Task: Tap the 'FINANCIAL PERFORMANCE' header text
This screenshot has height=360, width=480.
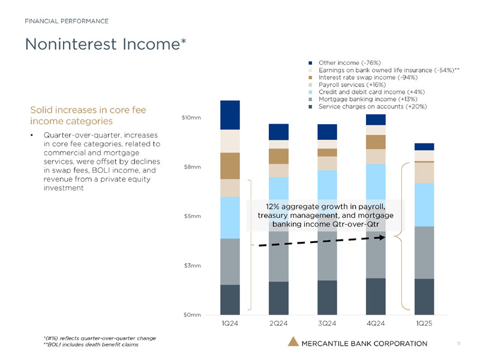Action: [67, 21]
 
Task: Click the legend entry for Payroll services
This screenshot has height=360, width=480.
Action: [357, 85]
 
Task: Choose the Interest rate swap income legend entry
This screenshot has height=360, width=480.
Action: [368, 77]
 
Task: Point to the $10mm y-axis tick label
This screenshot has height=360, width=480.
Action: [191, 118]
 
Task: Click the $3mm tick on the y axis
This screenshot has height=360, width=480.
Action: [193, 265]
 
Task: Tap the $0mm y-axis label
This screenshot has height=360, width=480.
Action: [192, 314]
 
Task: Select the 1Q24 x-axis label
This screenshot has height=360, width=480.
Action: [230, 324]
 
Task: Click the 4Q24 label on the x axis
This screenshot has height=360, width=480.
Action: [376, 324]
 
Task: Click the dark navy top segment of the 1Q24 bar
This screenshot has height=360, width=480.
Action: [230, 115]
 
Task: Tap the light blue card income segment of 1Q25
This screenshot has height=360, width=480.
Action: [424, 205]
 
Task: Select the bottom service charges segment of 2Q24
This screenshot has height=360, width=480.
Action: [278, 298]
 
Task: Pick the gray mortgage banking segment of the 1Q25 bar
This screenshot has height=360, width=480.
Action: [424, 253]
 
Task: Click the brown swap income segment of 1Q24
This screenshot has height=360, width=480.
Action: [230, 166]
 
